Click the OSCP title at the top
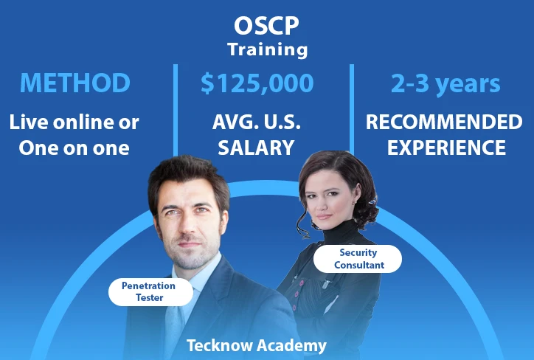click(x=266, y=26)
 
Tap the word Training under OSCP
click(x=267, y=49)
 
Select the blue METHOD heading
click(x=75, y=83)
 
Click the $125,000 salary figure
click(x=257, y=83)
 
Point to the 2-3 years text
click(x=445, y=84)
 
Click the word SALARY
click(x=256, y=148)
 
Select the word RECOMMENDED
click(x=444, y=122)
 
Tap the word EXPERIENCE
click(x=446, y=148)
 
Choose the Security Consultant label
click(x=358, y=259)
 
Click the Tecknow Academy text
click(x=257, y=345)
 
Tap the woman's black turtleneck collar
click(x=341, y=232)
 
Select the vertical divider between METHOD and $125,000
click(x=176, y=110)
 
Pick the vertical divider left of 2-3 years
click(x=352, y=109)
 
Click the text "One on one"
click(x=74, y=148)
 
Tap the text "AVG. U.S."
click(x=257, y=122)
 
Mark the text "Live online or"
click(x=74, y=122)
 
